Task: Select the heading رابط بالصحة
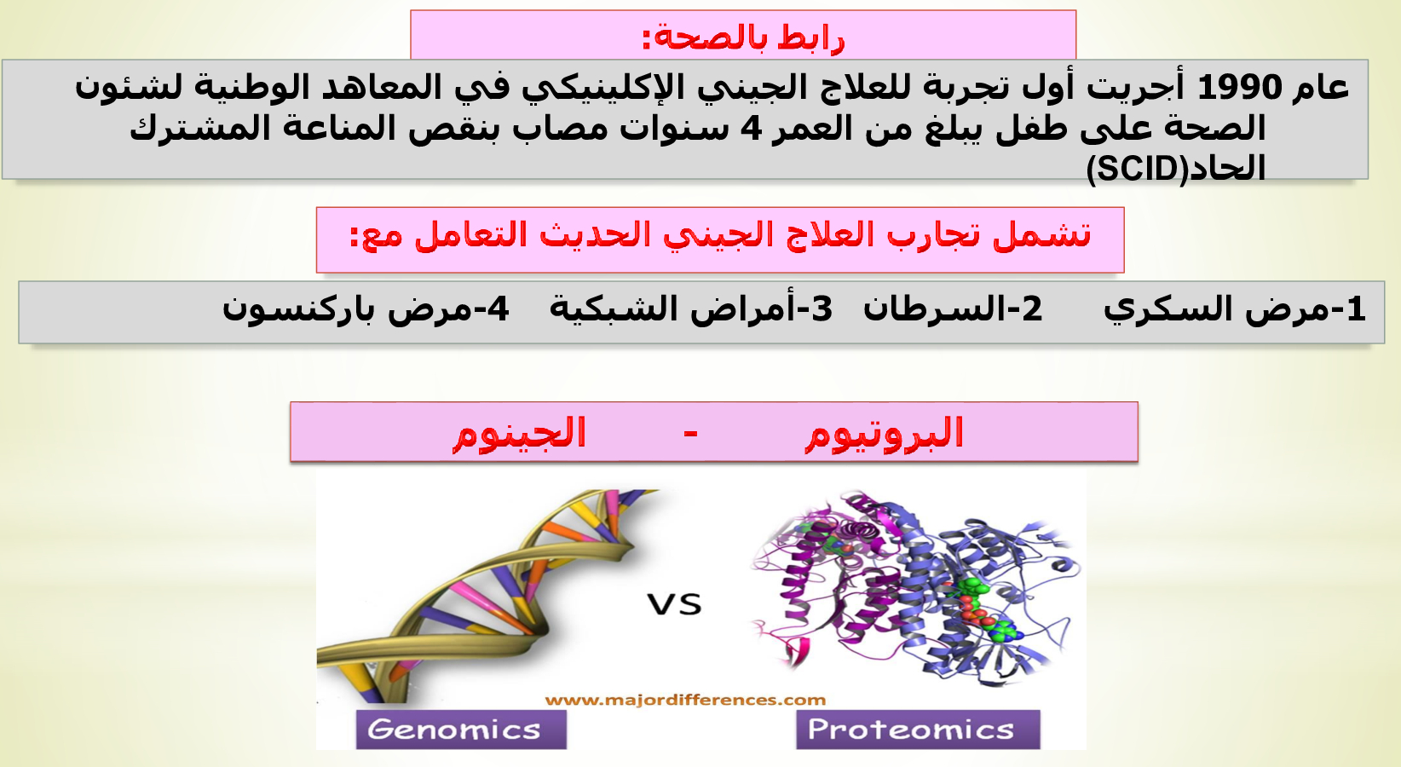pos(743,38)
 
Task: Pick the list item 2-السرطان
pos(954,309)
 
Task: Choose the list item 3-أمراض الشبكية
pos(691,309)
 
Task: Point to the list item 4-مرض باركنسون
pos(366,309)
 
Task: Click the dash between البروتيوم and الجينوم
pos(690,433)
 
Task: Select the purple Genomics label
pos(461,730)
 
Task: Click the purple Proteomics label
pos(918,730)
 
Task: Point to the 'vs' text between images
pos(674,603)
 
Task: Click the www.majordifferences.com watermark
pos(685,700)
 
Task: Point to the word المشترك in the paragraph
pos(200,129)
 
